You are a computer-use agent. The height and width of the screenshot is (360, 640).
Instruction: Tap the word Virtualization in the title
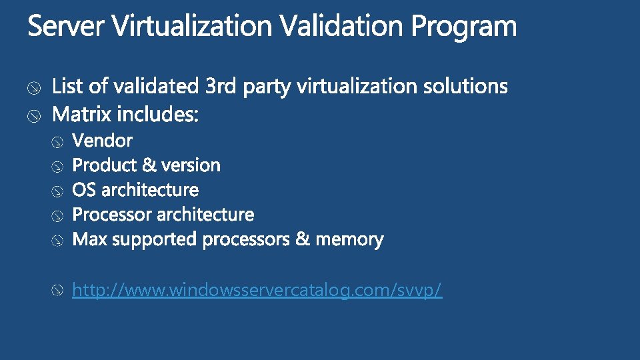[x=191, y=27]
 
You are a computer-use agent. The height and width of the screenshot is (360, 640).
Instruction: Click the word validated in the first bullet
[x=156, y=87]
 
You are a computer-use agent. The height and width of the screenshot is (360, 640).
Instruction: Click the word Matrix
[x=82, y=115]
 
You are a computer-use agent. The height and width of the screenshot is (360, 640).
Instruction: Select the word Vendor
[x=102, y=141]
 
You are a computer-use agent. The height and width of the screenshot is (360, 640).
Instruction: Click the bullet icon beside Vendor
[x=59, y=141]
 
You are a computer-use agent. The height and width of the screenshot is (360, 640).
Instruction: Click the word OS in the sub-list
[x=83, y=190]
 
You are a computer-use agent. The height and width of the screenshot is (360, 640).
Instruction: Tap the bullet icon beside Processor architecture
[x=59, y=215]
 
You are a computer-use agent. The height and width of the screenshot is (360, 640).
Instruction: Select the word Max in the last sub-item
[x=89, y=239]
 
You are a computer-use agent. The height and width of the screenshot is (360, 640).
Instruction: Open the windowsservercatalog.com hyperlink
[x=257, y=291]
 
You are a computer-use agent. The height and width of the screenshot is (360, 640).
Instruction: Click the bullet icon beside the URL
[x=59, y=291]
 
